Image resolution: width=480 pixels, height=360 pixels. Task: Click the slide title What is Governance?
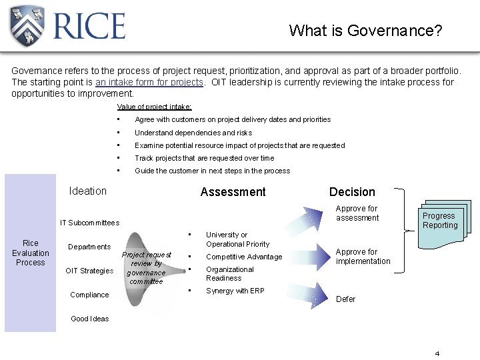tap(365, 31)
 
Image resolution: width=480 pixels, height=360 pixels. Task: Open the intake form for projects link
tap(149, 82)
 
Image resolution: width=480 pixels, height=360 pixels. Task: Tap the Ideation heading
tap(87, 191)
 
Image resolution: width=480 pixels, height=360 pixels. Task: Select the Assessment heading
tap(233, 192)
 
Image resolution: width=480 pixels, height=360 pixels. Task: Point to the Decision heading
tap(352, 192)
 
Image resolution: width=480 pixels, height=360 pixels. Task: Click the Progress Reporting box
tap(439, 221)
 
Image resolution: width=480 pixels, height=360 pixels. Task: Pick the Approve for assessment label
tap(357, 213)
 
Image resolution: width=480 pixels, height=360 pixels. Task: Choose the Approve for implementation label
tap(363, 257)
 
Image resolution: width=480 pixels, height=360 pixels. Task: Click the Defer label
tap(345, 299)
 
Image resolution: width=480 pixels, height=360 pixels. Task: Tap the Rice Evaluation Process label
tap(31, 253)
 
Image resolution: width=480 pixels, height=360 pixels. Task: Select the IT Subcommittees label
tap(89, 223)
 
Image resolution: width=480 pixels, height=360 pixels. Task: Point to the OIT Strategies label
tap(89, 271)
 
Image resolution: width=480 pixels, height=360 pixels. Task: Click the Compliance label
tap(89, 295)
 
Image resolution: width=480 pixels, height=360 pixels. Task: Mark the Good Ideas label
tap(89, 319)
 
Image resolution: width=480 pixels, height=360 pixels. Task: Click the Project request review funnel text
tap(146, 268)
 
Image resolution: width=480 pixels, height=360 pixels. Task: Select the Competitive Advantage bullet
tap(243, 257)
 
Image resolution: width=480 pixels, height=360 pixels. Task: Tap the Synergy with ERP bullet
tap(235, 291)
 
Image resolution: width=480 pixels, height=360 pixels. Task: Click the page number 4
tap(437, 353)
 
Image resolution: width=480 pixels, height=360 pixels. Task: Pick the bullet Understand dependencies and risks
tap(193, 133)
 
